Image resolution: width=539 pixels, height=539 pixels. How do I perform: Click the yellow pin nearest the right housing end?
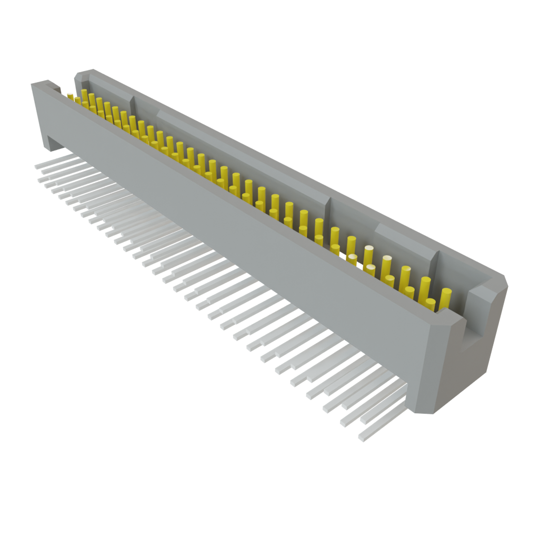(446, 297)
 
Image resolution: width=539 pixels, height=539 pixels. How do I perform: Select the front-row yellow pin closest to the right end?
(431, 304)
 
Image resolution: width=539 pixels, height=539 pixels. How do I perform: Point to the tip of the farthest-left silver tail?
(36, 166)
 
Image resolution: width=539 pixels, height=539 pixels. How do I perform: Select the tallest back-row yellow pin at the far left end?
(84, 95)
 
